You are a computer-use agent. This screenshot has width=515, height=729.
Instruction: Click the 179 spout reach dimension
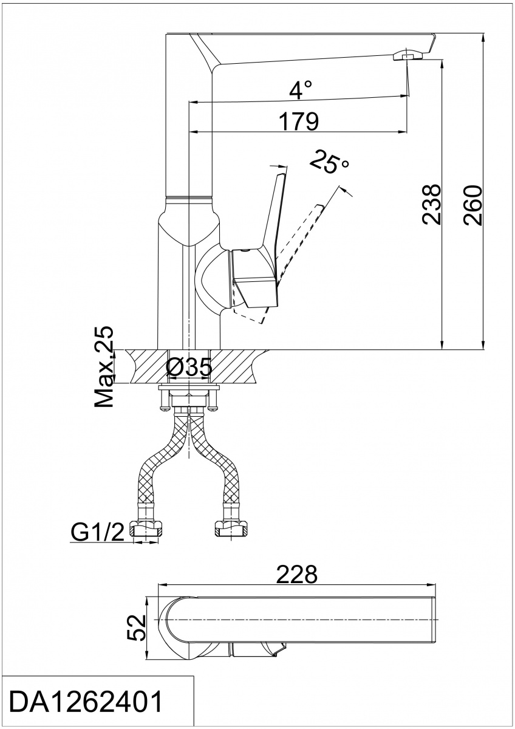pyautogui.click(x=299, y=122)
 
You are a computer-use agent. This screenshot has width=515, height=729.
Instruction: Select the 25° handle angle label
pyautogui.click(x=330, y=162)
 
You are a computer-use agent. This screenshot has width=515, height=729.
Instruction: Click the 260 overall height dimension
pyautogui.click(x=472, y=205)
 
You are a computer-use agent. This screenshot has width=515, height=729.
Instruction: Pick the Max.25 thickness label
pyautogui.click(x=104, y=366)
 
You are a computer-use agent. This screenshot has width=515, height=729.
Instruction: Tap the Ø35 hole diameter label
pyautogui.click(x=189, y=367)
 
